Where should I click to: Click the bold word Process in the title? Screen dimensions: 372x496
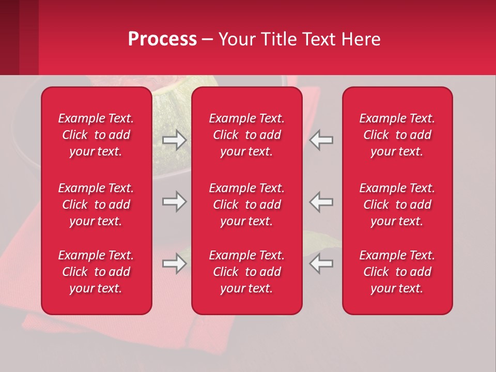click(162, 39)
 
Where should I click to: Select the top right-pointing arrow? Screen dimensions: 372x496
click(175, 140)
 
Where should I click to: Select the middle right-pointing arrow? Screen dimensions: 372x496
click(175, 202)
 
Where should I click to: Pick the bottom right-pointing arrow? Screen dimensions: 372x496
click(175, 263)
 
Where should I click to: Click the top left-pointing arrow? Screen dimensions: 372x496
click(321, 140)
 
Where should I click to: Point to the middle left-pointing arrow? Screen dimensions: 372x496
click(321, 202)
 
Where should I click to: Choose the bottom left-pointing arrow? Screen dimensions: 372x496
click(321, 263)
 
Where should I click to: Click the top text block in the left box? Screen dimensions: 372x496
click(96, 135)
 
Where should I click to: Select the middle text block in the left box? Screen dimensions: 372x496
click(96, 205)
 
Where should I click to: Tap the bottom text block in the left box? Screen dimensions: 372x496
click(96, 272)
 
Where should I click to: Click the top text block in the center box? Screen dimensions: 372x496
click(247, 135)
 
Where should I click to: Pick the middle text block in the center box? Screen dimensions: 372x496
click(247, 205)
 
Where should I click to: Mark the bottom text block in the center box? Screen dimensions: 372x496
click(247, 272)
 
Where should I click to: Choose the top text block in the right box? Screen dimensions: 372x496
click(397, 135)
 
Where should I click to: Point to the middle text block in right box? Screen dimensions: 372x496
click(397, 205)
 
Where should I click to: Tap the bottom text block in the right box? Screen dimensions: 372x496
click(397, 272)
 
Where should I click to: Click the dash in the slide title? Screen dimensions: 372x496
click(207, 40)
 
